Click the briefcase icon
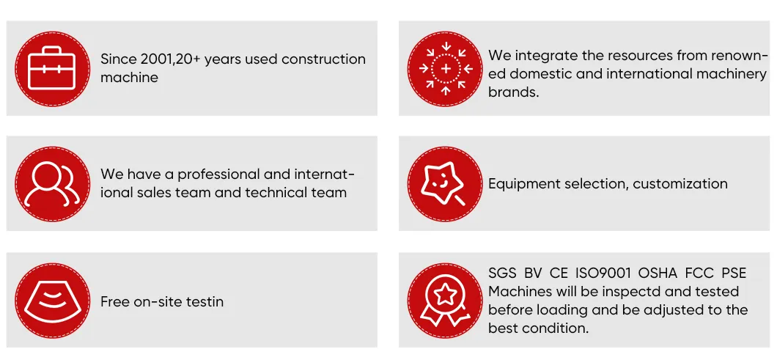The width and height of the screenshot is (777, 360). pyautogui.click(x=52, y=67)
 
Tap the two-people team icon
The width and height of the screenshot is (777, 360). pyautogui.click(x=52, y=184)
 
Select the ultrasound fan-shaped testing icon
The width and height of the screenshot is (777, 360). pyautogui.click(x=52, y=301)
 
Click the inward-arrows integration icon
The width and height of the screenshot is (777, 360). pyautogui.click(x=445, y=68)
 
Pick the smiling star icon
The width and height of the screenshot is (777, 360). pyautogui.click(x=445, y=184)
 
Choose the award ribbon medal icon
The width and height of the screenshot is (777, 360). pyautogui.click(x=445, y=301)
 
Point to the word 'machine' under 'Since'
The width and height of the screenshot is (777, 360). pyautogui.click(x=129, y=78)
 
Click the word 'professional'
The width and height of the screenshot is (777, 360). pyautogui.click(x=219, y=175)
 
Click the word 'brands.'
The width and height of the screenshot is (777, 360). pyautogui.click(x=514, y=92)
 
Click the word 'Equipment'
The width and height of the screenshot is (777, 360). pyautogui.click(x=522, y=184)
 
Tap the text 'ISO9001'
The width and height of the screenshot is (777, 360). pyautogui.click(x=603, y=273)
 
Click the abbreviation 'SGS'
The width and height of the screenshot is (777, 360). pyautogui.click(x=503, y=273)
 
